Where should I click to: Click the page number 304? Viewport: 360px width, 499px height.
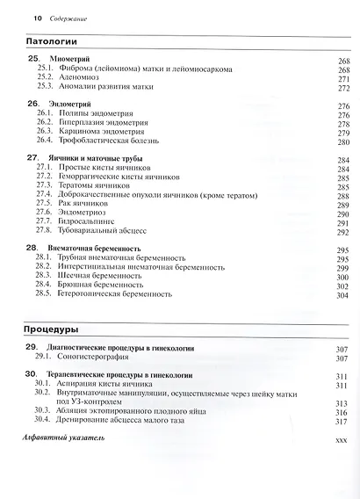[x=342, y=296]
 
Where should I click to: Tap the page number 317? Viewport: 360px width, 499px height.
[x=342, y=421]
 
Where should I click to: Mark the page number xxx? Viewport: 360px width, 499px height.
[x=342, y=439]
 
